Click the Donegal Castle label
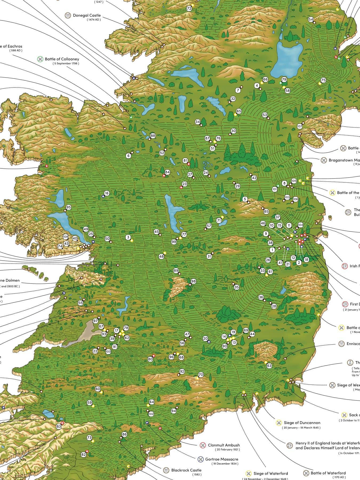pyautogui.click(x=87, y=15)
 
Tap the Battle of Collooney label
pyautogui.click(x=62, y=59)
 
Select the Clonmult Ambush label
pyautogui.click(x=224, y=445)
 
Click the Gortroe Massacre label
pyautogui.click(x=222, y=459)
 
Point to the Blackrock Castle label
pyautogui.click(x=186, y=470)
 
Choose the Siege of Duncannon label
pyautogui.click(x=302, y=423)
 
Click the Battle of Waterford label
pyautogui.click(x=328, y=473)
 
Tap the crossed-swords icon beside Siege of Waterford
pyautogui.click(x=249, y=473)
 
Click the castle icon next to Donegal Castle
pyautogui.click(x=68, y=15)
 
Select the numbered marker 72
pyautogui.click(x=189, y=9)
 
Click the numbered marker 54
pyautogui.click(x=311, y=19)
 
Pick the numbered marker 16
pyautogui.click(x=107, y=193)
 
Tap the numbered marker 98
pyautogui.click(x=193, y=281)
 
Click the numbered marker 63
pyautogui.click(x=269, y=366)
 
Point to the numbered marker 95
pyautogui.click(x=69, y=207)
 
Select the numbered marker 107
pyautogui.click(x=299, y=126)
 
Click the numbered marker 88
pyautogui.click(x=153, y=136)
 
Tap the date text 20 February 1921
pyautogui.click(x=227, y=450)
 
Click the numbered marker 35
pyautogui.click(x=237, y=287)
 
